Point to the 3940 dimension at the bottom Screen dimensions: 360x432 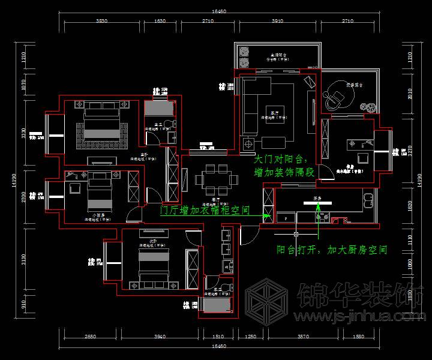[x=159, y=337]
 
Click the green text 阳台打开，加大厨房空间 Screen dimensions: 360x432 [x=331, y=249]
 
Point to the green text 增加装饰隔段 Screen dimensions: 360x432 [x=284, y=172]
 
